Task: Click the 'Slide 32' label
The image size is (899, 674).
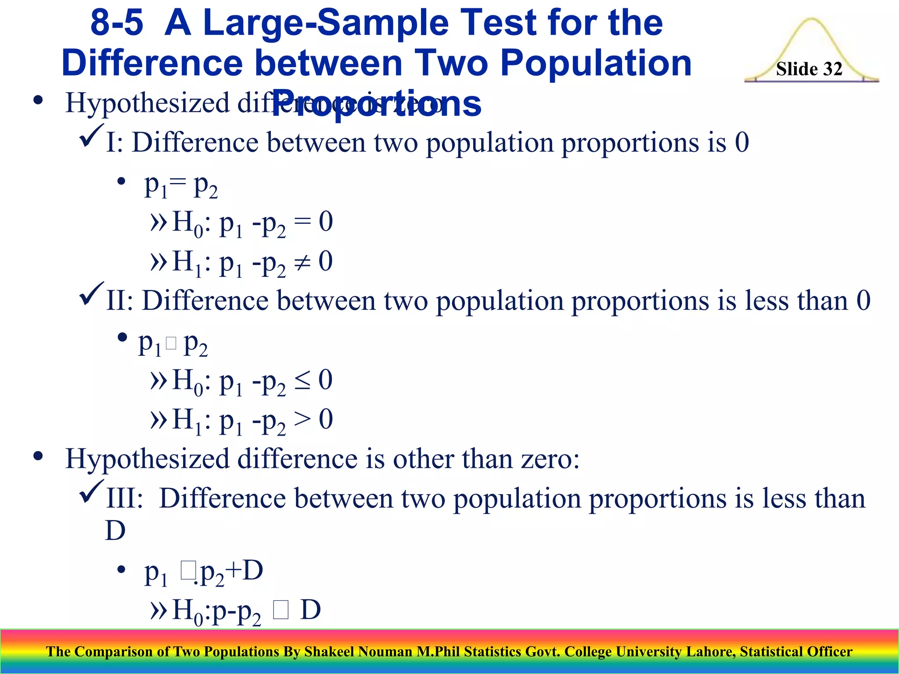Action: click(809, 69)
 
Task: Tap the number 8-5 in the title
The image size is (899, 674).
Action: click(117, 23)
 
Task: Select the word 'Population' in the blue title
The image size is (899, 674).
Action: click(596, 63)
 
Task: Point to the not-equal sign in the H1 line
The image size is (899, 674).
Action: click(302, 262)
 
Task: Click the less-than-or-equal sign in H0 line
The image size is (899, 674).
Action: click(302, 380)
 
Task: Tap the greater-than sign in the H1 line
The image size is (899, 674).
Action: click(302, 419)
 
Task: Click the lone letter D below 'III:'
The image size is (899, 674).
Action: click(115, 531)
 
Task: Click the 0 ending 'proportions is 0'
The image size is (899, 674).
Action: click(742, 143)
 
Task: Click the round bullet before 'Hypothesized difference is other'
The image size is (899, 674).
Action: click(38, 457)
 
